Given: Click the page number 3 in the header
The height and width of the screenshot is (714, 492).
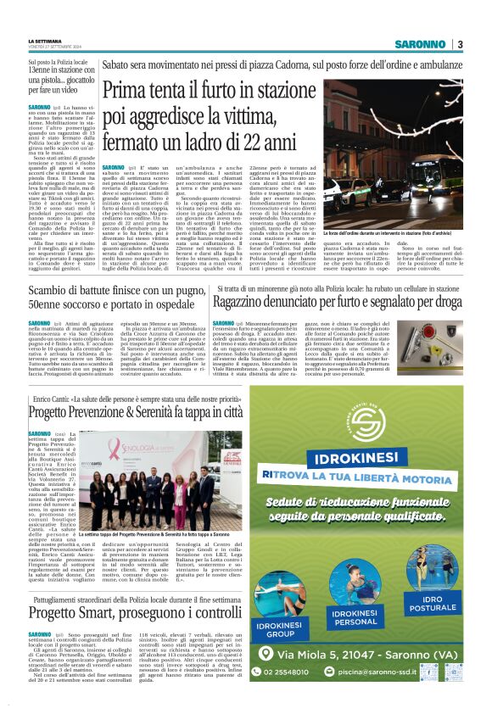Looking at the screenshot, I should (460, 44).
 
